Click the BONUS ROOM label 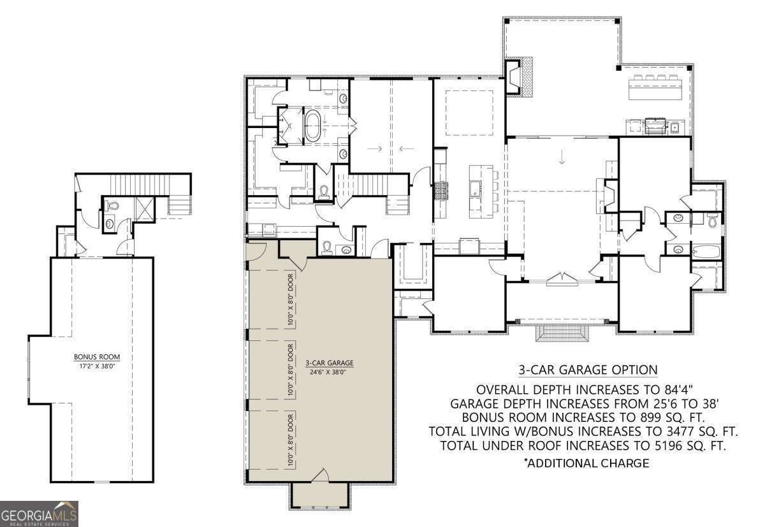pyautogui.click(x=97, y=357)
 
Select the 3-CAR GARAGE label pyautogui.click(x=330, y=363)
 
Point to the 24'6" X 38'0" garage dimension pyautogui.click(x=328, y=372)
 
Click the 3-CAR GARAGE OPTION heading pyautogui.click(x=588, y=370)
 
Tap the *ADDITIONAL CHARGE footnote pyautogui.click(x=586, y=463)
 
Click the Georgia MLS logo pyautogui.click(x=39, y=514)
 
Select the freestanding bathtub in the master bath pyautogui.click(x=312, y=126)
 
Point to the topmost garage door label pyautogui.click(x=291, y=300)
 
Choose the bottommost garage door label pyautogui.click(x=291, y=440)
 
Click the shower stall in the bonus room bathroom pyautogui.click(x=145, y=209)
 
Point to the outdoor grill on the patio pyautogui.click(x=655, y=126)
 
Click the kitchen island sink pyautogui.click(x=475, y=189)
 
